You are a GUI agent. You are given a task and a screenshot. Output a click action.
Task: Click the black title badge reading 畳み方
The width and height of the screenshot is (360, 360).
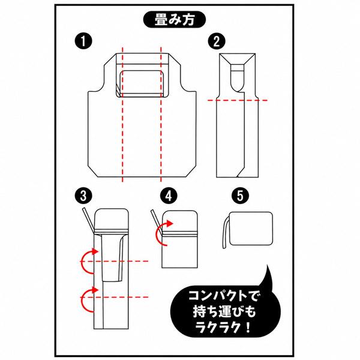(174, 20)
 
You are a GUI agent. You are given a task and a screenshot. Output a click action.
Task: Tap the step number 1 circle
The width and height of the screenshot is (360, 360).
(83, 41)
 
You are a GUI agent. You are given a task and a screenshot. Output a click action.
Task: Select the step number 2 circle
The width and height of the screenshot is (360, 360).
(217, 41)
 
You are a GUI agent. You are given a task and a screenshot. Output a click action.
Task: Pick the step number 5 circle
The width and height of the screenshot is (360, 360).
(240, 196)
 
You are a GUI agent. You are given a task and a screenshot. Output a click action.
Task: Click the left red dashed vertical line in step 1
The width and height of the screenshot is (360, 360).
(122, 115)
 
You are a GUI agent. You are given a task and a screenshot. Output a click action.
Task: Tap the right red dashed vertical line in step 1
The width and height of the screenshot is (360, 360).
(161, 115)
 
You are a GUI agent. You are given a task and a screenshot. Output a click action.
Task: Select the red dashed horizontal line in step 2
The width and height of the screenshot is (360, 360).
(238, 100)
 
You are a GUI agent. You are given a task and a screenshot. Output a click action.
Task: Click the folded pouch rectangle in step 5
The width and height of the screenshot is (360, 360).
(251, 229)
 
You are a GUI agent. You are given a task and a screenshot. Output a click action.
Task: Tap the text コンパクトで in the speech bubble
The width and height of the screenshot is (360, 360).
(223, 296)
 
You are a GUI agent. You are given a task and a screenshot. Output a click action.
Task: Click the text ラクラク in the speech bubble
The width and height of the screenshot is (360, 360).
(218, 328)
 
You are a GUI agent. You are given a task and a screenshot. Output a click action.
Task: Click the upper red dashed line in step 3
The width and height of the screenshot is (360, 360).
(115, 261)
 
